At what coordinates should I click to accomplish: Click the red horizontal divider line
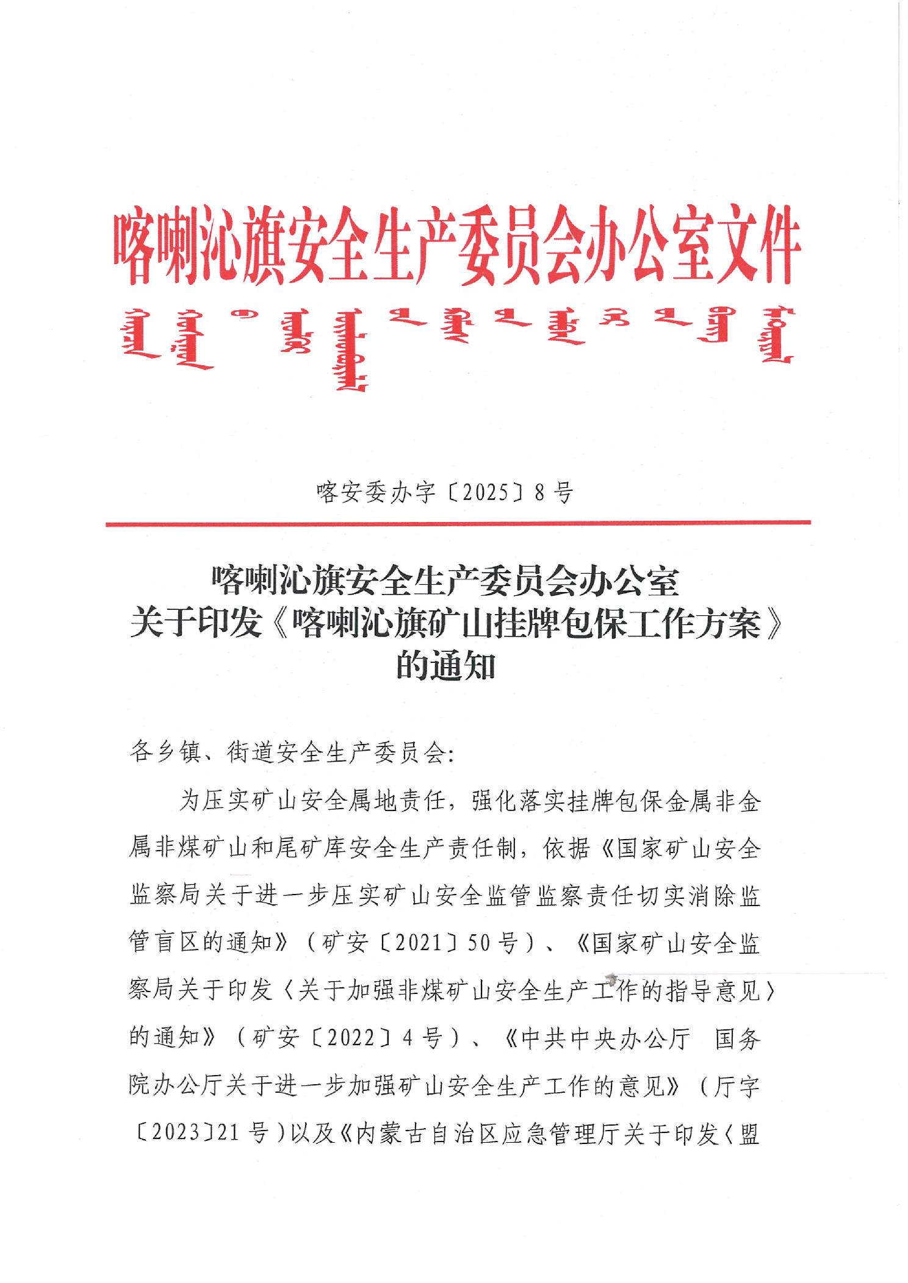(x=458, y=523)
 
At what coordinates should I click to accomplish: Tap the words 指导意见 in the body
(x=712, y=990)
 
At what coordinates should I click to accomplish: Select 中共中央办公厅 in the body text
(x=604, y=1037)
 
